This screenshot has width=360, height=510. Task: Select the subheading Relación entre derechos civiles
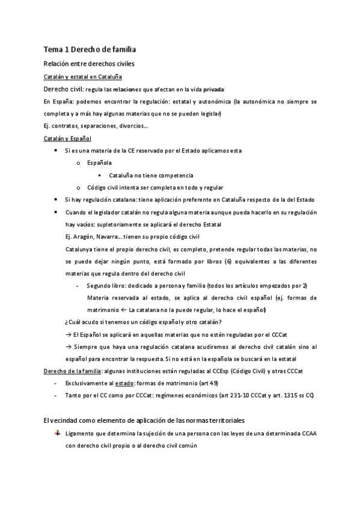(89, 63)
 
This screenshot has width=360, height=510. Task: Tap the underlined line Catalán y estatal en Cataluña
(82, 76)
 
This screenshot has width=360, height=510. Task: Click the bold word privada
(213, 89)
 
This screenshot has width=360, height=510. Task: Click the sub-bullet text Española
(99, 163)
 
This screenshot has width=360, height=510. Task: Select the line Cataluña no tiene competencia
(146, 175)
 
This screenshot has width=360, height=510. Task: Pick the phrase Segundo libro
(105, 285)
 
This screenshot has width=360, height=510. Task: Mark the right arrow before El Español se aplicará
(67, 334)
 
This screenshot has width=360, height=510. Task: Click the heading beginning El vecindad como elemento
(144, 419)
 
